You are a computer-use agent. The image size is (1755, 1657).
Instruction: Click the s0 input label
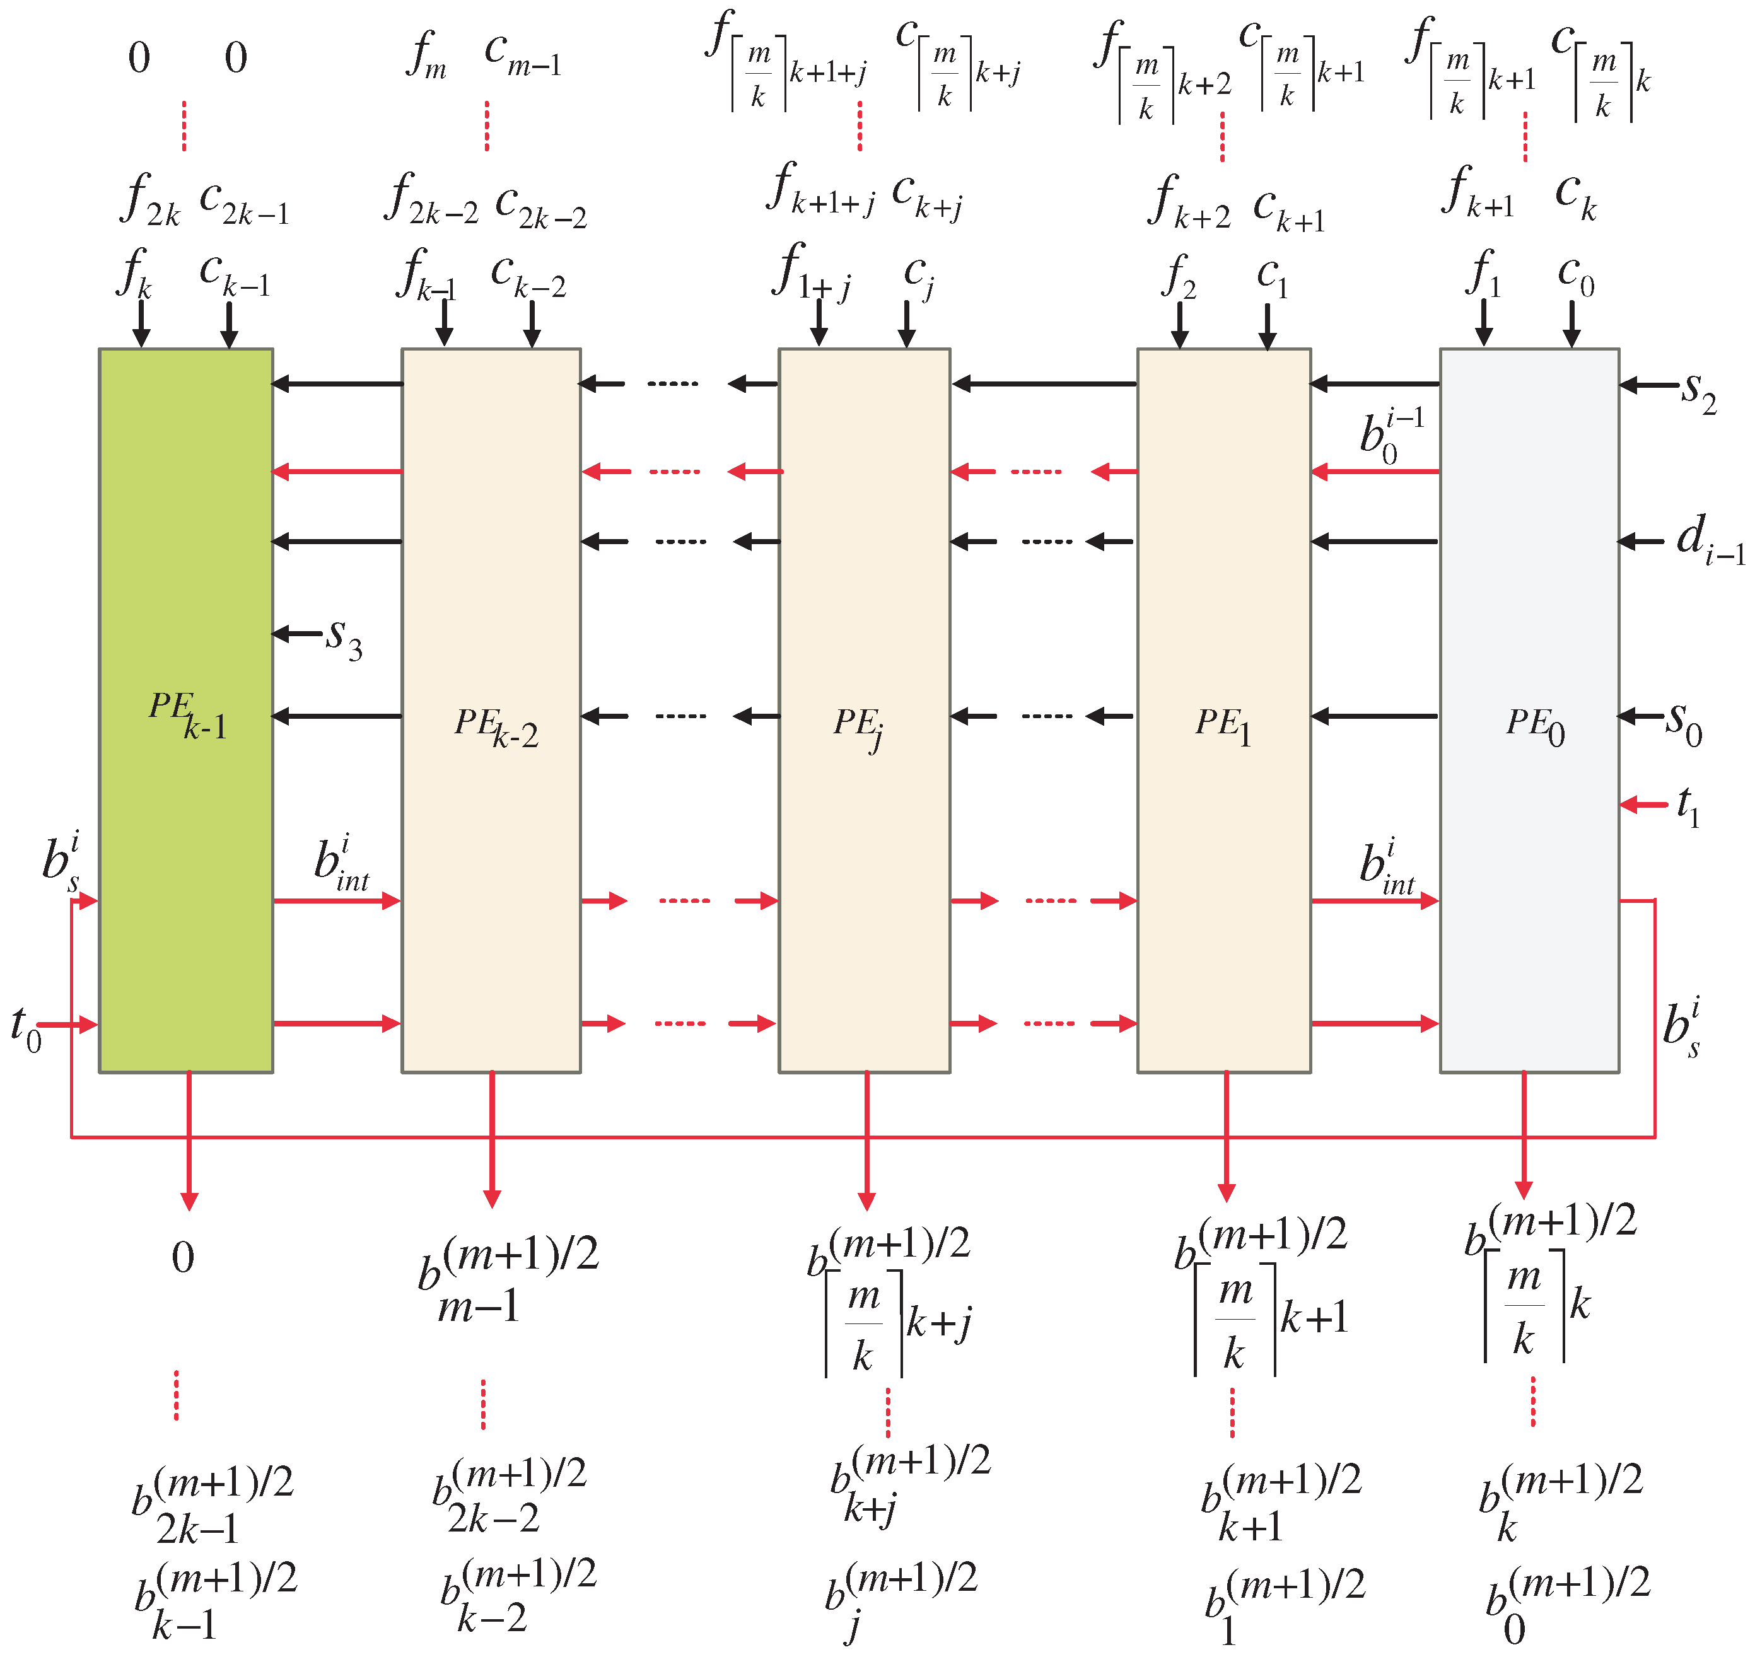pyautogui.click(x=1684, y=723)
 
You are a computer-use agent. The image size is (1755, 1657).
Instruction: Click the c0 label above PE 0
pyautogui.click(x=1576, y=276)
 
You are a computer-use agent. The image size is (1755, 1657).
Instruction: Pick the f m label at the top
pyautogui.click(x=428, y=55)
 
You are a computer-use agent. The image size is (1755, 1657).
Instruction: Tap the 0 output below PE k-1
pyautogui.click(x=183, y=1257)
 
